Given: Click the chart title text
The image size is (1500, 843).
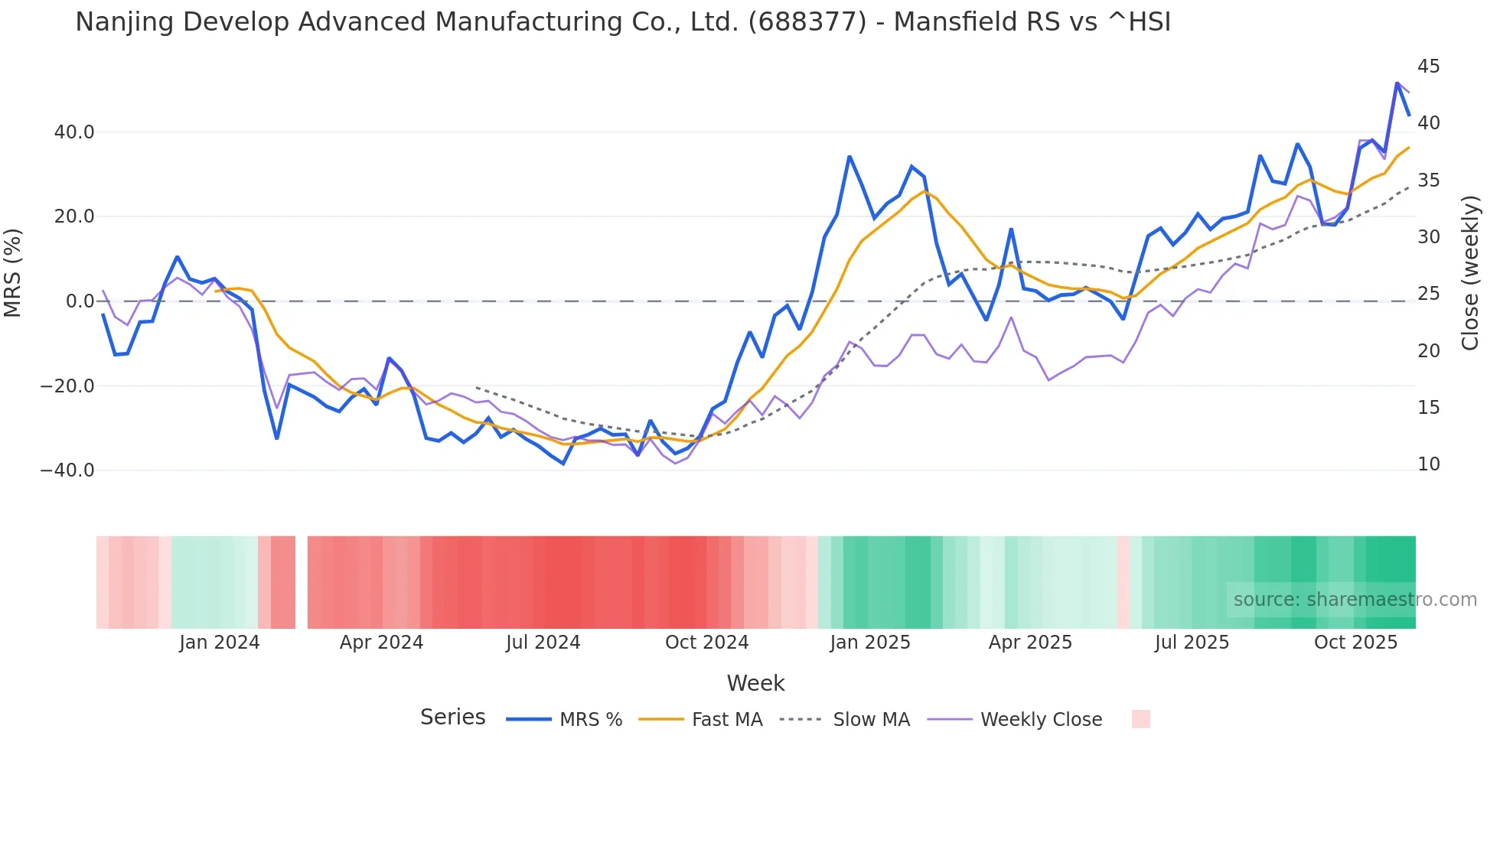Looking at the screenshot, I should click(622, 22).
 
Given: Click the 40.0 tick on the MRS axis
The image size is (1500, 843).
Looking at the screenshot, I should click(74, 132).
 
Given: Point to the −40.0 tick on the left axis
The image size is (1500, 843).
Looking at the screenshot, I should click(67, 470).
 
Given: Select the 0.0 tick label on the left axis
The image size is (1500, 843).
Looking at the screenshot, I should click(80, 301).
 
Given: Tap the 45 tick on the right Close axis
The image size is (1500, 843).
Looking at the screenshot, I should click(1428, 67).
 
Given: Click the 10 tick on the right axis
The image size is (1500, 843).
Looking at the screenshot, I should click(1428, 464).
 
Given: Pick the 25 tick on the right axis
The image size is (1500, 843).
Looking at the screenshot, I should click(1428, 294).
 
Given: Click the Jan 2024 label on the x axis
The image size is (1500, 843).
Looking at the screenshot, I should click(220, 643).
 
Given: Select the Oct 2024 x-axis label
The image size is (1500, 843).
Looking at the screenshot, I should click(706, 643).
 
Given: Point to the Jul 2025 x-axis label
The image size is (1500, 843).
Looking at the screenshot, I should click(1192, 643).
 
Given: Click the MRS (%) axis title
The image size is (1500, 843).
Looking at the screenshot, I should click(12, 272).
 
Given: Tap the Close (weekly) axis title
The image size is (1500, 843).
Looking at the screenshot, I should click(1470, 273).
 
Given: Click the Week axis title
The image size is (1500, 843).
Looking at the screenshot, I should click(755, 683).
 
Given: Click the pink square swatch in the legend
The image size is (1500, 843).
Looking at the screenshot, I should click(1140, 719).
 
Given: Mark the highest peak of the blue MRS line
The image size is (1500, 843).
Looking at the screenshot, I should click(1397, 83).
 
